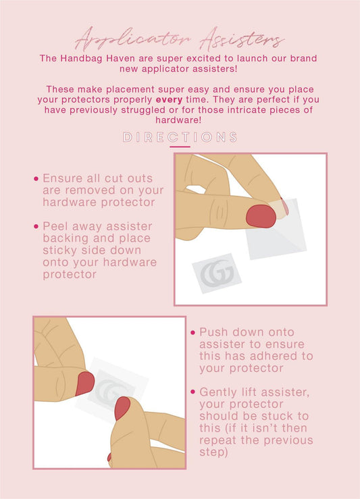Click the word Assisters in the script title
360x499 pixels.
pos(242,41)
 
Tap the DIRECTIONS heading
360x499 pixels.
pos(180,137)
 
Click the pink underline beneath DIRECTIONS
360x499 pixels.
pos(180,147)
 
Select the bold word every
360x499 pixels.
pos(169,100)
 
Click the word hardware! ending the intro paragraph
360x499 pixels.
pos(178,120)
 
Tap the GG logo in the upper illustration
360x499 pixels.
pos(217,272)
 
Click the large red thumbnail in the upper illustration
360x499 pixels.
pos(261,216)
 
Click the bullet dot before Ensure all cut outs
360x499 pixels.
pos(36,178)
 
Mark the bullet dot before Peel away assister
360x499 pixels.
pos(36,227)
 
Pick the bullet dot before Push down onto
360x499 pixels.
pos(193,333)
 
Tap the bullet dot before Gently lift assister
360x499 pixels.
pos(193,392)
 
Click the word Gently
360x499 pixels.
pos(218,392)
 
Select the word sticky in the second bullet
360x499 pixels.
pos(60,251)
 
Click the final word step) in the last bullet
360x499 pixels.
pos(213,452)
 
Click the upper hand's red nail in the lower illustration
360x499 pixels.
pos(85,383)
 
